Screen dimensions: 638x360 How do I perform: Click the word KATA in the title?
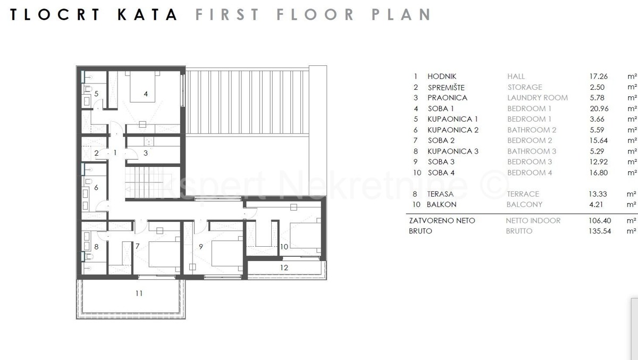pos(148,14)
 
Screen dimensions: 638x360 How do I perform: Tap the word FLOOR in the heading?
pos(315,14)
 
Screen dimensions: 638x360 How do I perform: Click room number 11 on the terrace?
pos(139,293)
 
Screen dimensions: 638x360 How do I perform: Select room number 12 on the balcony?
pos(284,267)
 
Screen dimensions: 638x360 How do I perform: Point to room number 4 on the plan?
pos(146,94)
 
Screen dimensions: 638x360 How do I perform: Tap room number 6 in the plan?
pos(96,187)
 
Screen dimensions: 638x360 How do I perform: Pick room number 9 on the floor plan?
pos(201,247)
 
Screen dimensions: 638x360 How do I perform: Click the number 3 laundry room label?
pos(146,153)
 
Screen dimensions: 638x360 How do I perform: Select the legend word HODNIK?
pos(442,77)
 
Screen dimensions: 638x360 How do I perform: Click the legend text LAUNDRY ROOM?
pos(538,98)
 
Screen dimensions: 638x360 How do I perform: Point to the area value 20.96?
pos(599,108)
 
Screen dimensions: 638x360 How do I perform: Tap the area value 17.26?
pos(599,77)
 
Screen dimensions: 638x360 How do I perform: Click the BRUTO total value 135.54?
pos(600,231)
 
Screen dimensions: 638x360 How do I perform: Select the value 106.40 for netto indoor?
pos(600,221)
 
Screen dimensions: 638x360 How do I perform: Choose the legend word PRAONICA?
pos(448,98)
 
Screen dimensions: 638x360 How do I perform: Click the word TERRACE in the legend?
pos(523,194)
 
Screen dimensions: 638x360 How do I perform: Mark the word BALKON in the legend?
pos(441,205)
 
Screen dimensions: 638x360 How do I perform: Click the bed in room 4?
pos(142,87)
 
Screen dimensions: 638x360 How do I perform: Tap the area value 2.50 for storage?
pos(597,87)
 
